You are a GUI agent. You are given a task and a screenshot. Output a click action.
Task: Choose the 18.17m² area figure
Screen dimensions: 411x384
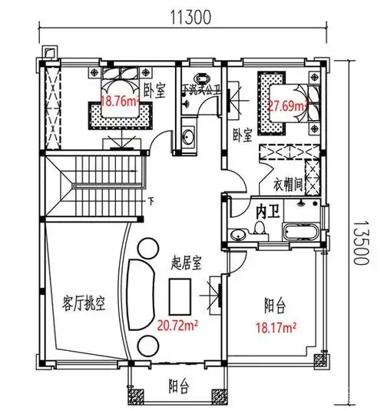coord(276,326)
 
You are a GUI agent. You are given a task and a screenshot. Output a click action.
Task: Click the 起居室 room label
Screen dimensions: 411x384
coord(185,263)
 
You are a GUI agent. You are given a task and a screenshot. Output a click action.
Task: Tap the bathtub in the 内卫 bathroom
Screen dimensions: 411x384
coord(300,232)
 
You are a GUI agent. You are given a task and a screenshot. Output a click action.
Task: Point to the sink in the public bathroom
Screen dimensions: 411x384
coord(188,136)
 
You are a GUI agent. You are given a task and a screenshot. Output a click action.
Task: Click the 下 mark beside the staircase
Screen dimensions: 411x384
coord(151,203)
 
